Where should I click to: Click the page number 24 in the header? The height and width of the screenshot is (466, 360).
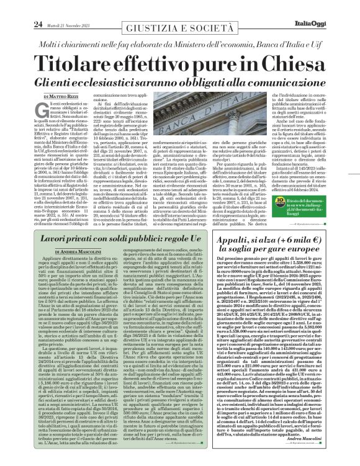click(20, 6)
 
